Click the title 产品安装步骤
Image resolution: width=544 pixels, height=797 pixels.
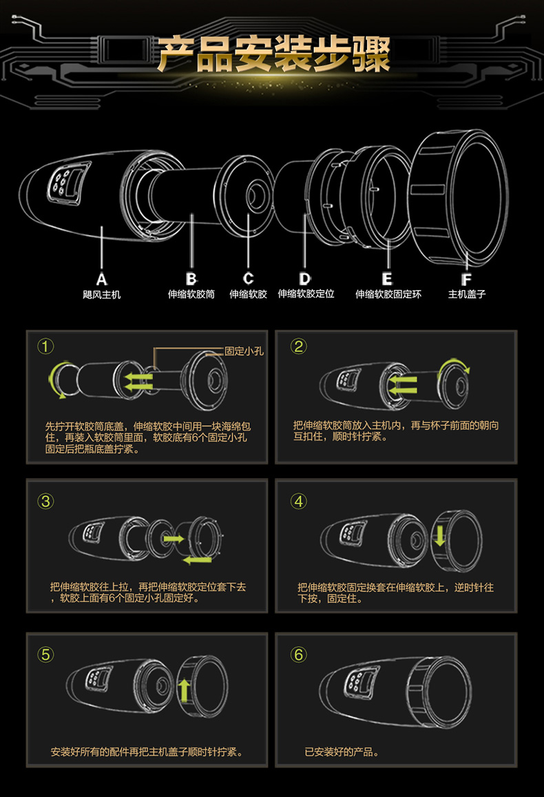[273, 53]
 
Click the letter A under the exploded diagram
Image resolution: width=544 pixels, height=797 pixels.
[102, 279]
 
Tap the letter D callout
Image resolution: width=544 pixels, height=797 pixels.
[305, 278]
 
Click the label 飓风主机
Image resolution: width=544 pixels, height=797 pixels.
[102, 295]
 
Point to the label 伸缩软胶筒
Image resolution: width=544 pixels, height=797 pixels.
[191, 294]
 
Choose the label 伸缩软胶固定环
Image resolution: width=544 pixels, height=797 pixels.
[388, 294]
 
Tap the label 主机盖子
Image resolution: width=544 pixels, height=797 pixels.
[467, 294]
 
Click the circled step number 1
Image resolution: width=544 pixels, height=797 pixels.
[45, 346]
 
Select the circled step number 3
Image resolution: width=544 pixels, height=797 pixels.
[45, 501]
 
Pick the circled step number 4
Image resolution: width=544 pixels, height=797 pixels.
[298, 501]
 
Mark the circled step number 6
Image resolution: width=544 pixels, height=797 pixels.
[298, 654]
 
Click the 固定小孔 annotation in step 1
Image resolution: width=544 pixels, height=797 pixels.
[244, 351]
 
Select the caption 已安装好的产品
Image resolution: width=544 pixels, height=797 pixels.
[342, 752]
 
